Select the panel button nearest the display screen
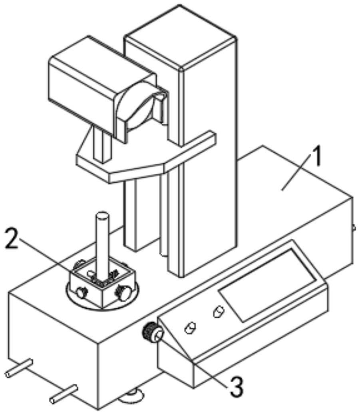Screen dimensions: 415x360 (x=219, y=311)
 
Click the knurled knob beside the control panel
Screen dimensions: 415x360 (x=151, y=332)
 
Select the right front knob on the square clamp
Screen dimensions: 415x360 (x=122, y=294)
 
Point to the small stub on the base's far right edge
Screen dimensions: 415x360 (x=354, y=227)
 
